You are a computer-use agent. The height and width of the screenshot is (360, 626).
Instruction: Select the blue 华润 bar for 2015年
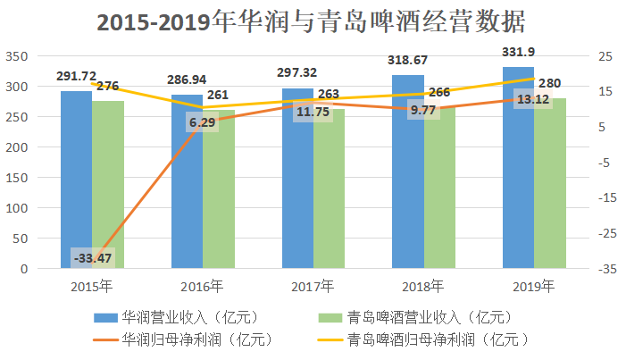[x=76, y=179]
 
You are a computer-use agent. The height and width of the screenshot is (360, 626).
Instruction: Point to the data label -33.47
[x=93, y=259]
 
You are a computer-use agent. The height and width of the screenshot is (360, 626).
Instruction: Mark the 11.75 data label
[x=313, y=112]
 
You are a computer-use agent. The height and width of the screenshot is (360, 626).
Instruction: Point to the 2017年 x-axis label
[x=313, y=287]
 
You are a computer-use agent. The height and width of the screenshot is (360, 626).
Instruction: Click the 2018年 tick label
[x=423, y=287]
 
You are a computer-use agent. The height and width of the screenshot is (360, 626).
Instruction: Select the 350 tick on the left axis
[x=17, y=56]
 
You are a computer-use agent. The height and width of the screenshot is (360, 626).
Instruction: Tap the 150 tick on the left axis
[x=17, y=177]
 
